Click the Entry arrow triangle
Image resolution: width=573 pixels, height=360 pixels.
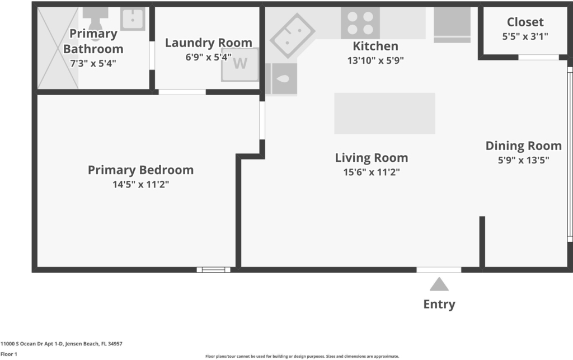pos(439,284)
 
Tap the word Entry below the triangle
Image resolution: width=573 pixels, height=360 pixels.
pos(439,304)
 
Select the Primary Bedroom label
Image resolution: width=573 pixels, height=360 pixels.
pos(140,170)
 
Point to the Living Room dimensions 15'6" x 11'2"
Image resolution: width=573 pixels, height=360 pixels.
pos(372,172)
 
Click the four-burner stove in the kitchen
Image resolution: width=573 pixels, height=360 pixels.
pos(360,23)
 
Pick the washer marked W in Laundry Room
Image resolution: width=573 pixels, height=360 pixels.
pos(240,64)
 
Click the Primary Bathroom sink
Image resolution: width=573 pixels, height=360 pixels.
pos(133,19)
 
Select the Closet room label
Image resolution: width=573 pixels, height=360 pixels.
pos(525,22)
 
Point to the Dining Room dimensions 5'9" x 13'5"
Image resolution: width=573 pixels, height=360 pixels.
pos(523,160)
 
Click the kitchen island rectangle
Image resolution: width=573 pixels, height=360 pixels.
pos(384,113)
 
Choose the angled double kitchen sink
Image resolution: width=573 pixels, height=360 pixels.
pos(292,36)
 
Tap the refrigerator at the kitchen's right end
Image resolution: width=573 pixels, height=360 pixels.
pos(452,25)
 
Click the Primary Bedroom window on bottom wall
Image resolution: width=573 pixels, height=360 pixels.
pos(213,270)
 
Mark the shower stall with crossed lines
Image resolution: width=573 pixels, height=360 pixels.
pos(58,48)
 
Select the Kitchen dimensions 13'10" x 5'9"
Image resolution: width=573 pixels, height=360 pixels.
pos(375,60)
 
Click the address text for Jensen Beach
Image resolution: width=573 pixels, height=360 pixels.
pos(62,344)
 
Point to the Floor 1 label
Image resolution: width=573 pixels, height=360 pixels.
pos(9,354)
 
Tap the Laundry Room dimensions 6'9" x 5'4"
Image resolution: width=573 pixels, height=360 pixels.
pos(208,57)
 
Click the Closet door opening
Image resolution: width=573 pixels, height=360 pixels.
pos(538,57)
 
